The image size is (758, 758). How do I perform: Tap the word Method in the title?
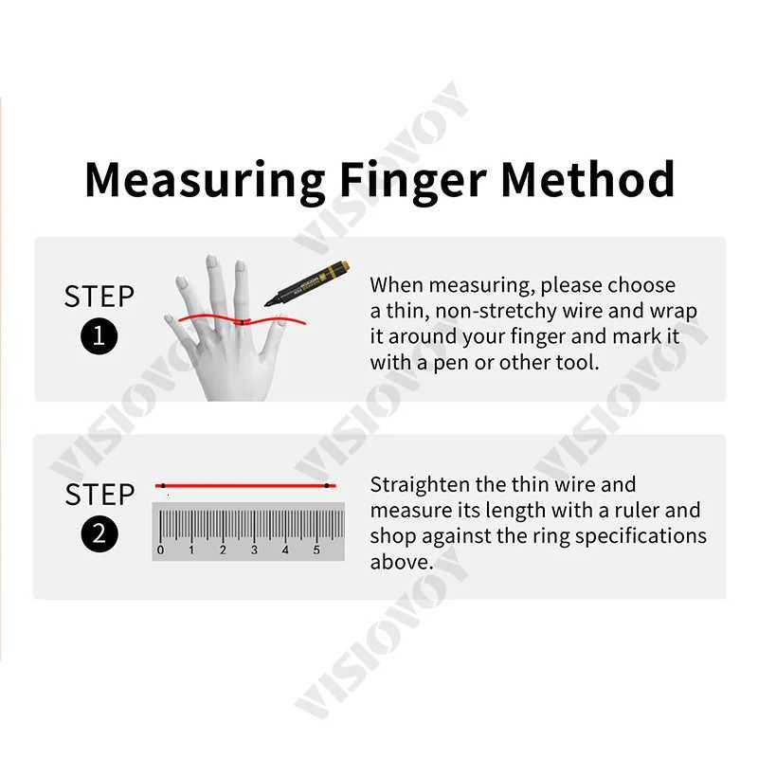pos(587,178)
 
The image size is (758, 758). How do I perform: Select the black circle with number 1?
pos(99,337)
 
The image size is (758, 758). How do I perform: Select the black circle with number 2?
pos(99,535)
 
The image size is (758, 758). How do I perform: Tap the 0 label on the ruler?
pos(160,550)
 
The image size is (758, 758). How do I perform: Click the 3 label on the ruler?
pos(254,550)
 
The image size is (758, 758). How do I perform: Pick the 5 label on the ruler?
pos(316,550)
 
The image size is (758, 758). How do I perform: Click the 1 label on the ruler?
pos(191,550)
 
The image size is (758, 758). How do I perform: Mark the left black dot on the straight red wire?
pos(163,486)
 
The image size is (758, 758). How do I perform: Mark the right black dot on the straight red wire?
pos(326,486)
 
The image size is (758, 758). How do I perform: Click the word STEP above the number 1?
pos(99,297)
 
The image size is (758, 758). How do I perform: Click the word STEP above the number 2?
pos(99,495)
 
